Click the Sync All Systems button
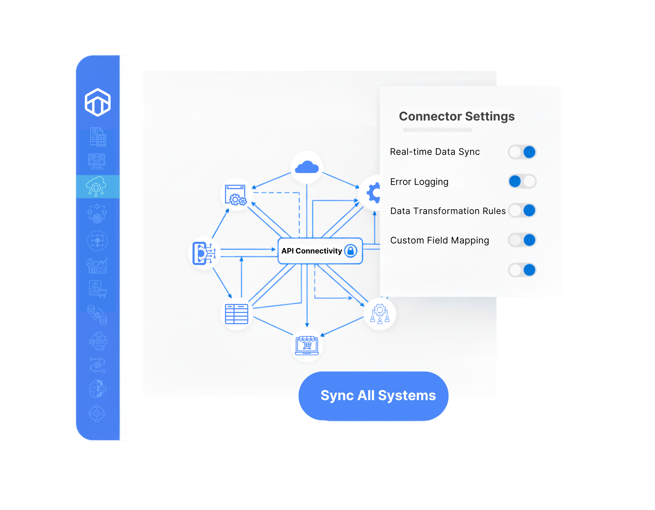tap(373, 396)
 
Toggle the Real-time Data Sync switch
tap(522, 152)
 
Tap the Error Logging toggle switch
tap(522, 182)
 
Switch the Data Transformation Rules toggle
tap(522, 211)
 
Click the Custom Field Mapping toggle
tap(522, 240)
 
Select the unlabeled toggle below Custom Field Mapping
tap(522, 270)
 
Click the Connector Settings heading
tap(457, 116)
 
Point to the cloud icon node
tap(307, 167)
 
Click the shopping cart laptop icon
tap(307, 345)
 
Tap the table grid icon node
tap(237, 314)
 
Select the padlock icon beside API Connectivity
tap(351, 251)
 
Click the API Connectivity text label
tap(311, 251)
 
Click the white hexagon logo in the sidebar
tap(98, 102)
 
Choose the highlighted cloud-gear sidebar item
tap(96, 186)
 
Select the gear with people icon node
tap(380, 314)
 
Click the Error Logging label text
tap(419, 182)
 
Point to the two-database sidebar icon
tap(97, 314)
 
